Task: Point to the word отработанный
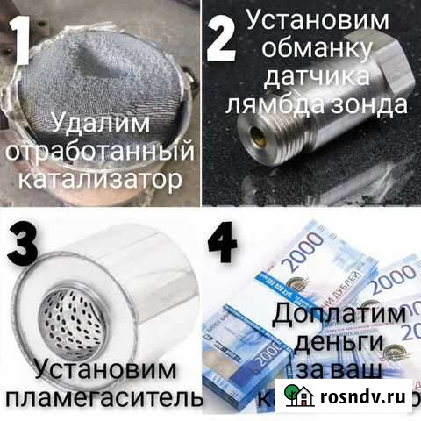(98, 152)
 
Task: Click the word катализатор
(98, 180)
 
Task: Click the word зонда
(375, 106)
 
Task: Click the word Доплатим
(339, 313)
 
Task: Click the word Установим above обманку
(329, 19)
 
